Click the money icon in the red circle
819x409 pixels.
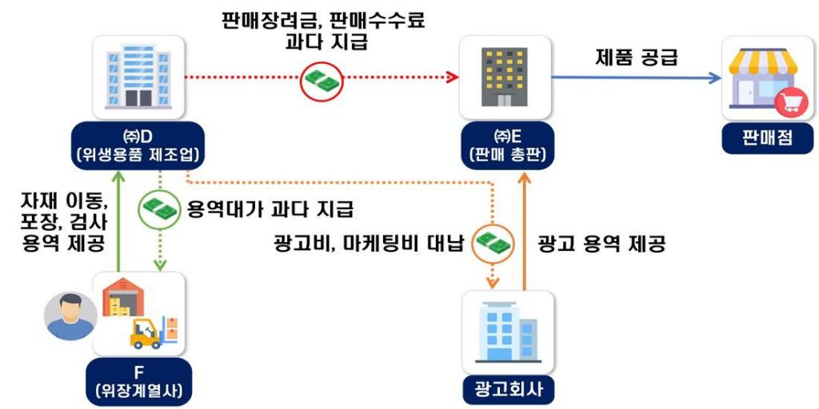tap(321, 81)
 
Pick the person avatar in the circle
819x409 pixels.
tap(69, 315)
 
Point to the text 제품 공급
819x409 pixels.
tap(637, 57)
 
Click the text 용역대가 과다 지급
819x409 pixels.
tap(270, 209)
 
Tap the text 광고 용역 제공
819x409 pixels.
tap(601, 244)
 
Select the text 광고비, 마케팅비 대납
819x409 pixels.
tap(370, 244)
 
